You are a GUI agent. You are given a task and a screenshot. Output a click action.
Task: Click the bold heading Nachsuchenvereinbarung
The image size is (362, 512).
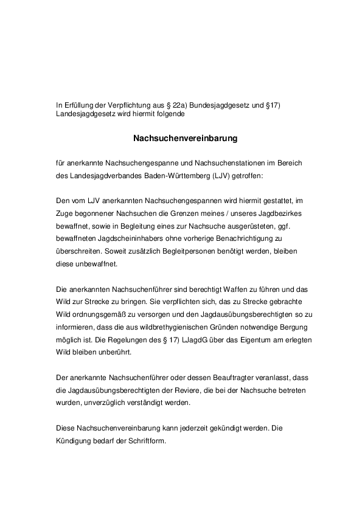[185, 138]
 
